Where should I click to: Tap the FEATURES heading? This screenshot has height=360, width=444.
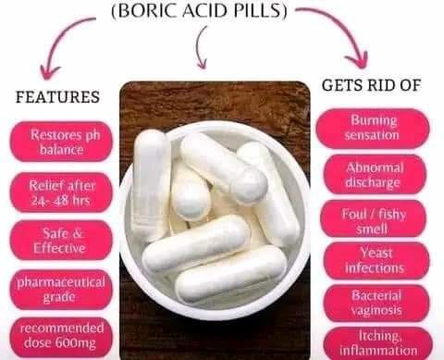tap(56, 96)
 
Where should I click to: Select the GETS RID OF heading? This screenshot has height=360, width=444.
tap(371, 85)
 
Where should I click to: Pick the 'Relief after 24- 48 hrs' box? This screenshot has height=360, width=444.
tap(61, 191)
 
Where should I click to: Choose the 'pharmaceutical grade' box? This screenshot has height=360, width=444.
tap(61, 289)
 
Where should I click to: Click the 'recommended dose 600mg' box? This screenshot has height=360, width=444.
tap(61, 337)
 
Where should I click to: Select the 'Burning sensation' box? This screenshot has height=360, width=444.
tap(373, 128)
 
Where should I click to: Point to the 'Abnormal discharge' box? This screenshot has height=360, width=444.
tap(373, 174)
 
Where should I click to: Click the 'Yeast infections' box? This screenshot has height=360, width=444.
tap(373, 260)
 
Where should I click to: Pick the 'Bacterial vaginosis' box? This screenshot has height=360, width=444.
tap(373, 302)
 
